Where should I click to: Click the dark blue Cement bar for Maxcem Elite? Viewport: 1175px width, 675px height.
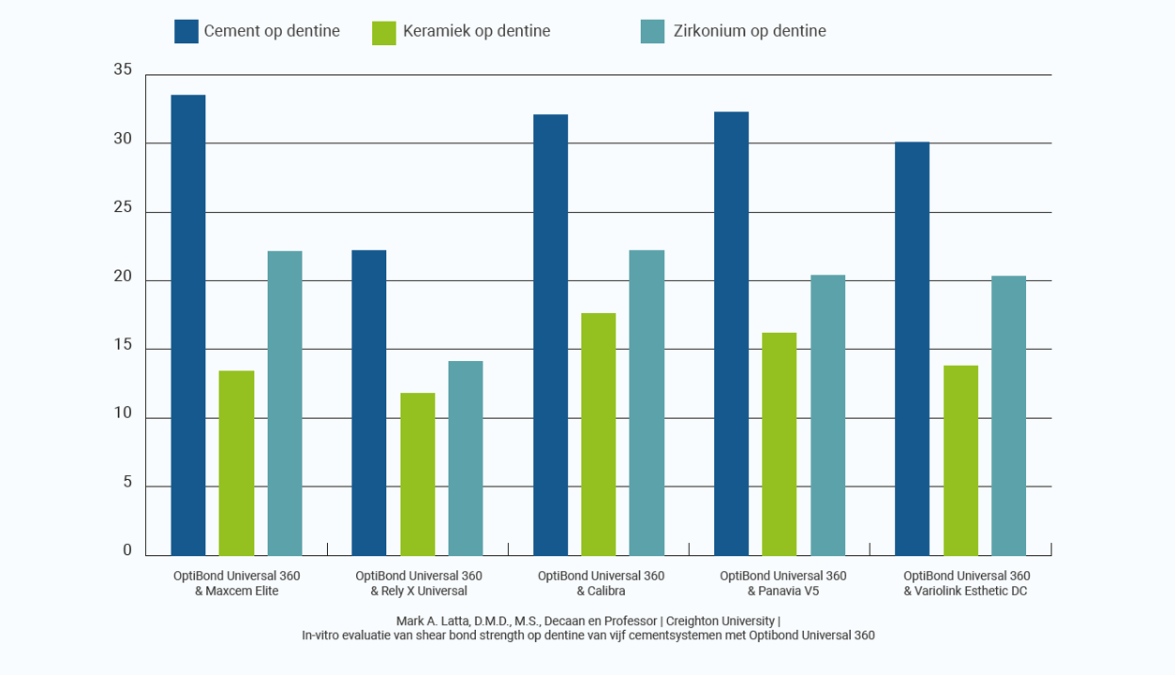pos(187,325)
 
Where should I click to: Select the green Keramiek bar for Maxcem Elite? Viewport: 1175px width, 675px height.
pos(236,463)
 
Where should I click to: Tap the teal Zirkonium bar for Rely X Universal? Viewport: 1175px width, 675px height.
pos(466,458)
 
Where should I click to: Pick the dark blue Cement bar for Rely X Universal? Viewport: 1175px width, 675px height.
pos(369,403)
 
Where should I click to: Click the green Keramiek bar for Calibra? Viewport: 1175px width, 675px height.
pos(599,434)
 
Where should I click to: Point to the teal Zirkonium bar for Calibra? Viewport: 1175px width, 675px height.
pos(647,403)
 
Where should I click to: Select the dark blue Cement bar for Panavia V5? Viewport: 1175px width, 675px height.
pos(731,334)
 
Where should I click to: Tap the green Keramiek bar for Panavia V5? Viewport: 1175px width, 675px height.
pos(780,444)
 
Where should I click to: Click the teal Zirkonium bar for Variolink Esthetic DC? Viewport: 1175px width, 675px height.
pos(1008,415)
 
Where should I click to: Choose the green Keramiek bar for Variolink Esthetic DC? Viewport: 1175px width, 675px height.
pos(960,460)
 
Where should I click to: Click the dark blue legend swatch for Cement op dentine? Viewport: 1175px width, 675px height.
pos(186,32)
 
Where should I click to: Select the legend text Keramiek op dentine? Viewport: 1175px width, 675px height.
pos(476,32)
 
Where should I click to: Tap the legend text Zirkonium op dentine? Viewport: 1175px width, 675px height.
pos(750,32)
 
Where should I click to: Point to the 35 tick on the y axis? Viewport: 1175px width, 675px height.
pos(123,71)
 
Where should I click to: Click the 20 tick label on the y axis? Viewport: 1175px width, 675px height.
pos(123,278)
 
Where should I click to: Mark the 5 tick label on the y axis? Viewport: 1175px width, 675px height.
pos(127,484)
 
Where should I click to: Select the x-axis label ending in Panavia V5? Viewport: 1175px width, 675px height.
pos(783,583)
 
